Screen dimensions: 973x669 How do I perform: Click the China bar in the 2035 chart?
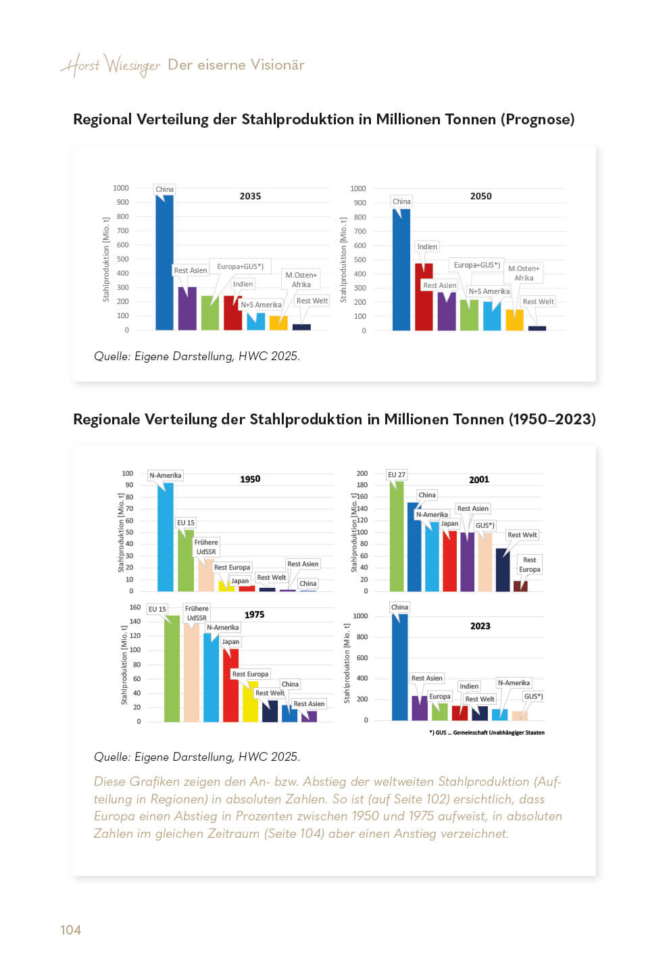[x=164, y=264]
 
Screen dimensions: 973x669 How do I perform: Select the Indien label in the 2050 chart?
[x=427, y=247]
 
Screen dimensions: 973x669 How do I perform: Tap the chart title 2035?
[x=250, y=196]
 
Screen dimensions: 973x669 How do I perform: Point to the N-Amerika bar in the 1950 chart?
[x=165, y=537]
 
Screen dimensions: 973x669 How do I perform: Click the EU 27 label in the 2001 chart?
[x=397, y=474]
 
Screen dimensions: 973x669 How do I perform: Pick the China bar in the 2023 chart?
[x=399, y=666]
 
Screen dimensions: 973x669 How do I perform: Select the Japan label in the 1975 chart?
[x=230, y=641]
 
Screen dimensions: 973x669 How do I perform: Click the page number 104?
[x=70, y=930]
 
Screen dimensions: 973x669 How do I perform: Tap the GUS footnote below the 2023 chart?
[x=487, y=732]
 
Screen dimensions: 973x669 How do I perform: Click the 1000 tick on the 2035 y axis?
[x=121, y=188]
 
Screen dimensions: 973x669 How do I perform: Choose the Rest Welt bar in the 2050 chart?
[x=537, y=328]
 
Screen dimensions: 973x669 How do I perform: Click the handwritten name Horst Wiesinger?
[x=111, y=66]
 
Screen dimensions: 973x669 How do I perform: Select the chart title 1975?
[x=254, y=614]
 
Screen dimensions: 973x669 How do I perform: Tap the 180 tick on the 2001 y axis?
[x=362, y=485]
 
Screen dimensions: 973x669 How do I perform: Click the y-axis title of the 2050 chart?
[x=343, y=260]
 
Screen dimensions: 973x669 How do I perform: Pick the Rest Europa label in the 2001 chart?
[x=530, y=564]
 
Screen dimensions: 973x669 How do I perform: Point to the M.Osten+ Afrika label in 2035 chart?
[x=301, y=280]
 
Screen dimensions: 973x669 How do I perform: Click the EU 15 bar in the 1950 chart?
[x=186, y=561]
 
